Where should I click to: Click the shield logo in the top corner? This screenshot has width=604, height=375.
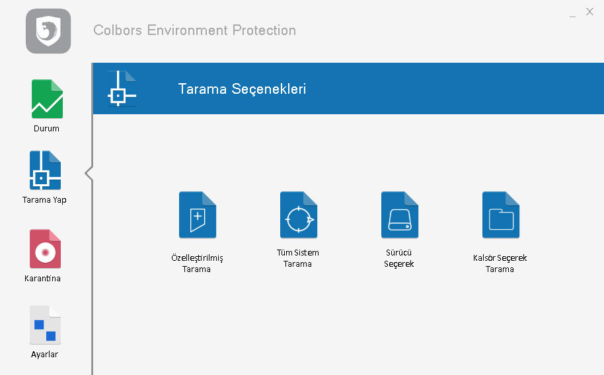pyautogui.click(x=48, y=31)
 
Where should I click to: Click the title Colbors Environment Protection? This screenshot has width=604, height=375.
pyautogui.click(x=194, y=30)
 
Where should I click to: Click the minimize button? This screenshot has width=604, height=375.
pyautogui.click(x=572, y=16)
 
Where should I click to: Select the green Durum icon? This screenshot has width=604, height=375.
pyautogui.click(x=47, y=99)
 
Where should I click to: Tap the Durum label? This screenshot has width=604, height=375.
pyautogui.click(x=46, y=129)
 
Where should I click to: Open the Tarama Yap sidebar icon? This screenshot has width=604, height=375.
pyautogui.click(x=45, y=170)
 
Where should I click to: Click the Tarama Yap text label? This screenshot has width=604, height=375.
pyautogui.click(x=44, y=200)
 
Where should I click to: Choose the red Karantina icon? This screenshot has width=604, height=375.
pyautogui.click(x=45, y=249)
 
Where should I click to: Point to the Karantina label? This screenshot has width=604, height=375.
pyautogui.click(x=42, y=279)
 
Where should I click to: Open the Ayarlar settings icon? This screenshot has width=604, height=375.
pyautogui.click(x=45, y=325)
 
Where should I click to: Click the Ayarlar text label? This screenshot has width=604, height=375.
pyautogui.click(x=44, y=355)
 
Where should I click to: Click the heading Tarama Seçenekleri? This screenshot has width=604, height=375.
pyautogui.click(x=242, y=89)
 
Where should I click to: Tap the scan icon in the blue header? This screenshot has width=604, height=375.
pyautogui.click(x=122, y=88)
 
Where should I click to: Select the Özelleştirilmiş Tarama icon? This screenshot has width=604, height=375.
pyautogui.click(x=197, y=215)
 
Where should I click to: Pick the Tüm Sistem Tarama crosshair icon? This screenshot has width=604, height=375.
pyautogui.click(x=299, y=215)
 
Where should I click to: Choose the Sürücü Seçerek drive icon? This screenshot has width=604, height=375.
pyautogui.click(x=399, y=215)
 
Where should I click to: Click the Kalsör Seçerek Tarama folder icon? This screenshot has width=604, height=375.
pyautogui.click(x=501, y=215)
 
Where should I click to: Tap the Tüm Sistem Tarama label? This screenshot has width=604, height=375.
pyautogui.click(x=298, y=258)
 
